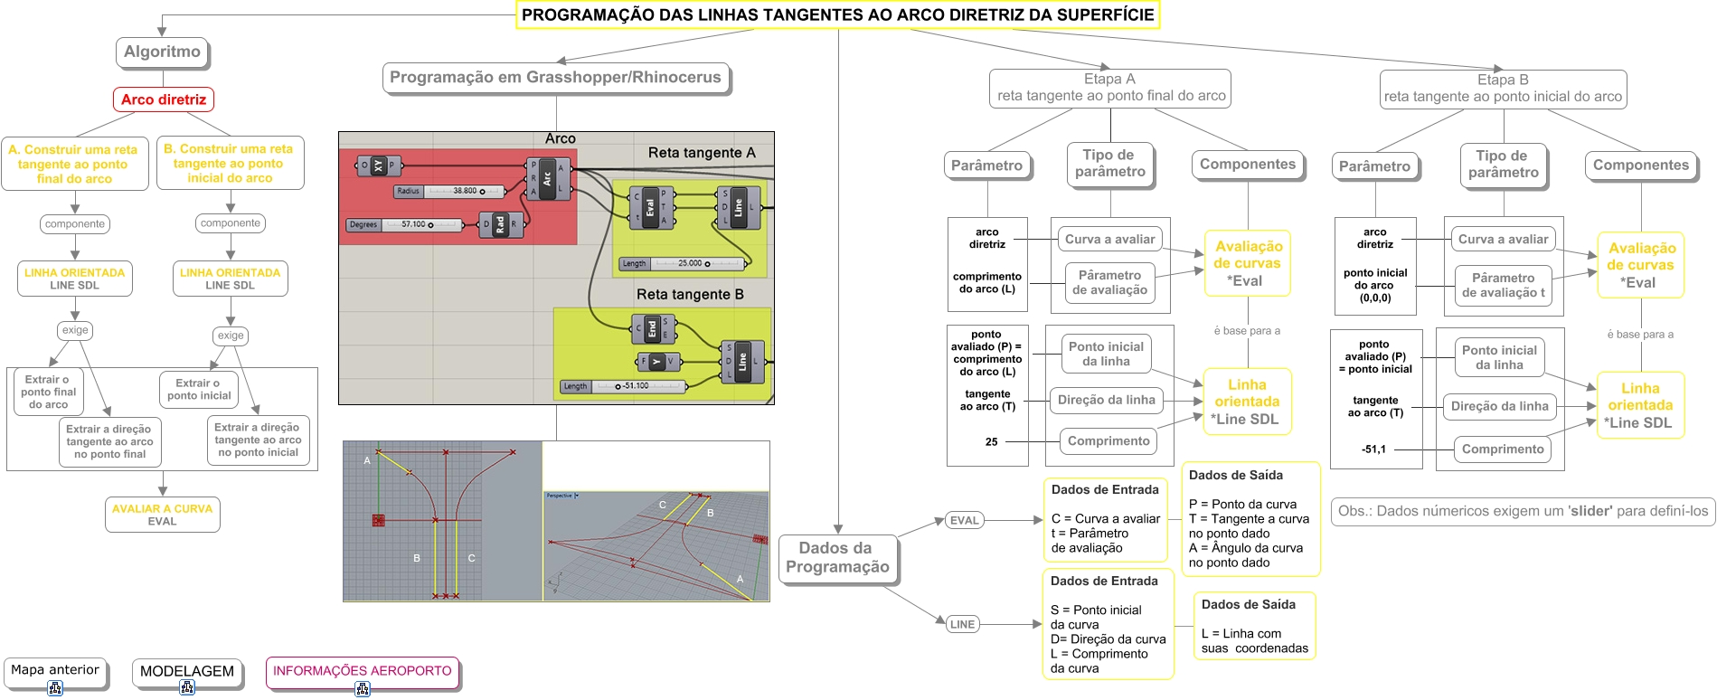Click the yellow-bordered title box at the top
click(837, 15)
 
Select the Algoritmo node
click(163, 52)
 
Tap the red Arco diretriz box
click(164, 99)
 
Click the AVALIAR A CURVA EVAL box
click(163, 515)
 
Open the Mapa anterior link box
click(55, 671)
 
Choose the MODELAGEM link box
click(187, 672)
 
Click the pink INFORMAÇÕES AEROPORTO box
click(362, 672)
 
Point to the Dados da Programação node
click(837, 558)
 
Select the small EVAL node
click(964, 521)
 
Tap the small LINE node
click(962, 624)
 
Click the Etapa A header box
click(1110, 88)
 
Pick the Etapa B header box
click(1503, 89)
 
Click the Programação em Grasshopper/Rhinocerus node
click(555, 78)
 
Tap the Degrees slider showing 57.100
click(404, 225)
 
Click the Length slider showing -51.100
click(624, 386)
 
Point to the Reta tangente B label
click(690, 294)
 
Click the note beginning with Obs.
click(1523, 511)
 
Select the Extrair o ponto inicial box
click(199, 390)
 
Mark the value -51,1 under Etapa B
click(1373, 449)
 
